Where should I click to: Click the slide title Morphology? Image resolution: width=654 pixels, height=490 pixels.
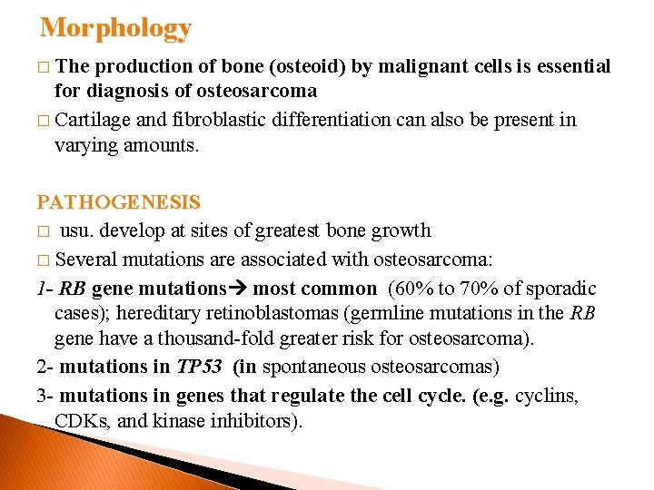point(115,28)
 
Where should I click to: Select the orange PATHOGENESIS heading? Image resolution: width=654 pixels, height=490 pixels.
point(118,202)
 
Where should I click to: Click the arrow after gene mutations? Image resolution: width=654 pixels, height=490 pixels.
point(242,289)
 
